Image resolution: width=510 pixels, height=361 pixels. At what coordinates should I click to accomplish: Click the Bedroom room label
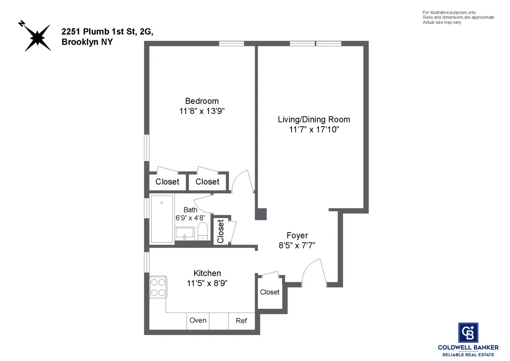pyautogui.click(x=202, y=101)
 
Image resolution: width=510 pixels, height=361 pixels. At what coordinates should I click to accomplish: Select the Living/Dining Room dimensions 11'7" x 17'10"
pyautogui.click(x=314, y=129)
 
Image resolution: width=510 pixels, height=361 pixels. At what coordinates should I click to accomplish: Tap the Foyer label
pyautogui.click(x=297, y=235)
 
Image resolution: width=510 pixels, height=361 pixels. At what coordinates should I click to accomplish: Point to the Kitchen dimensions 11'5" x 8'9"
pyautogui.click(x=207, y=283)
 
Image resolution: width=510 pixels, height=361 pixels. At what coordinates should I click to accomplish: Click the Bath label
pyautogui.click(x=190, y=210)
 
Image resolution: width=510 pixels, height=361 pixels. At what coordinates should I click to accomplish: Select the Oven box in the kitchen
pyautogui.click(x=198, y=321)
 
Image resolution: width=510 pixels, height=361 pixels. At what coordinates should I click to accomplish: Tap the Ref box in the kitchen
pyautogui.click(x=241, y=321)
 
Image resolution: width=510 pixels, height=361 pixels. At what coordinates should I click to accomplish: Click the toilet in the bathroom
pyautogui.click(x=203, y=231)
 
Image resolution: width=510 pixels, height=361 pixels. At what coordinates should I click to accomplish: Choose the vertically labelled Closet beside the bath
pyautogui.click(x=221, y=231)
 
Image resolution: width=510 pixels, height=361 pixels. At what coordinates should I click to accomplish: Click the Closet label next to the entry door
pyautogui.click(x=269, y=292)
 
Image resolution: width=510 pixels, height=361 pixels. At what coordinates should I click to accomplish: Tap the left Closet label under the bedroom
pyautogui.click(x=167, y=182)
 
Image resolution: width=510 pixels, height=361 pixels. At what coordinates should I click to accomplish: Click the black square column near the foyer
pyautogui.click(x=261, y=214)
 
